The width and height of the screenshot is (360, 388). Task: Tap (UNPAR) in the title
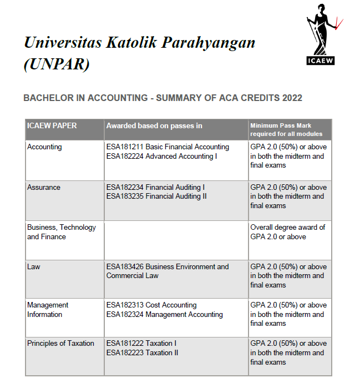(57, 64)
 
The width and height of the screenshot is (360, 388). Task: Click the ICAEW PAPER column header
(52, 125)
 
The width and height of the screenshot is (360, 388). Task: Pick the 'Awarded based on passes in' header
(154, 125)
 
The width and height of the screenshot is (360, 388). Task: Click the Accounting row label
(44, 147)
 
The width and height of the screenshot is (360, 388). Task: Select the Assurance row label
(44, 188)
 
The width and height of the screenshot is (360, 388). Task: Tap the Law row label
(34, 267)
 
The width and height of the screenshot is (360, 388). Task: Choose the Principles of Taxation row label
(60, 344)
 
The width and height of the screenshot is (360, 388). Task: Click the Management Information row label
(48, 310)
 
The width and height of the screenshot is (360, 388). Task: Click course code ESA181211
(125, 147)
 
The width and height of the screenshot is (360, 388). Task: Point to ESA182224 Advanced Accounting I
(161, 157)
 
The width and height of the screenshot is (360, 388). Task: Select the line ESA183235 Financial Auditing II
(156, 196)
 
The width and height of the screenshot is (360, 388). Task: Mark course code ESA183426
(125, 267)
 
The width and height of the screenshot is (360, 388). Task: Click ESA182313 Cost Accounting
(151, 305)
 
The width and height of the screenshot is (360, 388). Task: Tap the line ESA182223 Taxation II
(143, 353)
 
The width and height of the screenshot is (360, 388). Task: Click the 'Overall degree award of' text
(288, 228)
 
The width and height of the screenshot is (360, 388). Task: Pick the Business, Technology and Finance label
(61, 232)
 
